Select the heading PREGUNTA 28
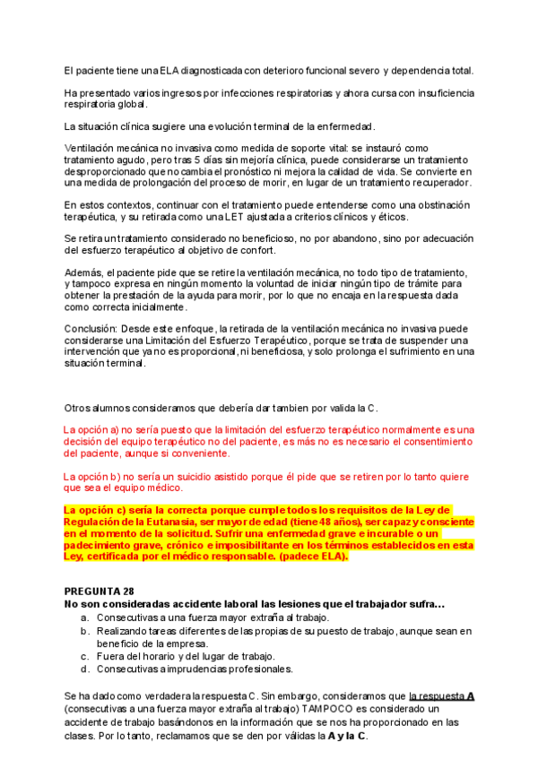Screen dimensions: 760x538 point(99,592)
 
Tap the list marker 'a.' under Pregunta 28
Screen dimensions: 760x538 point(84,618)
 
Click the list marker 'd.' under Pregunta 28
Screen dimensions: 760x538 point(84,669)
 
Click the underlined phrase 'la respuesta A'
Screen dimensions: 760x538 point(442,695)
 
